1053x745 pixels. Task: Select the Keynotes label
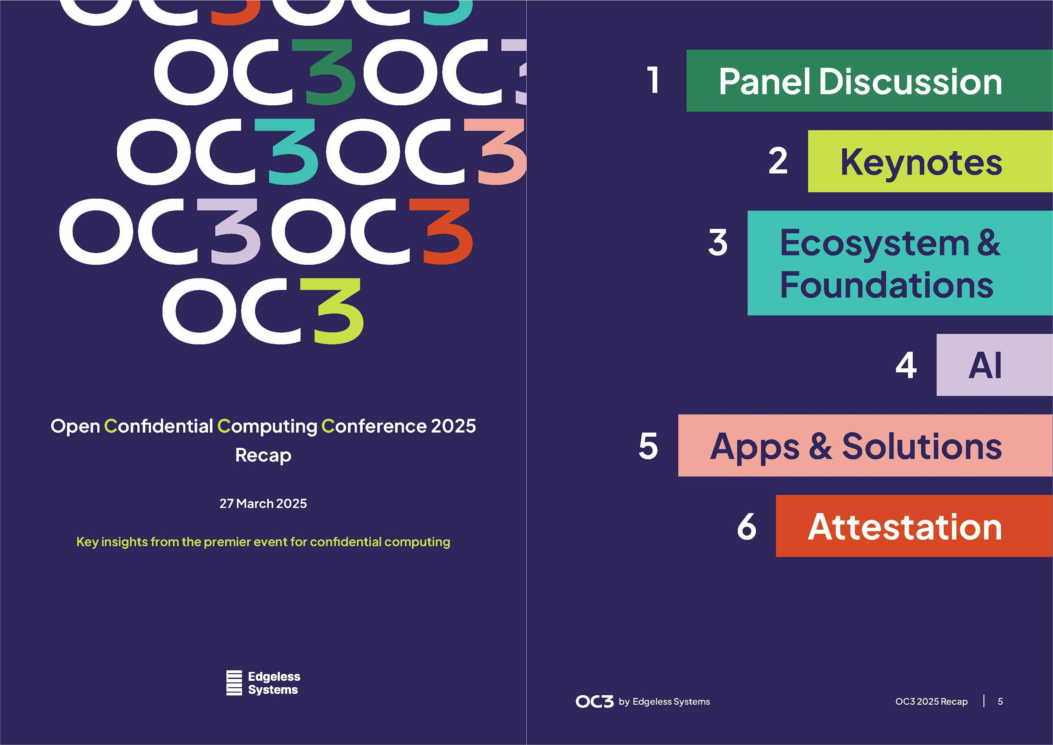[921, 162]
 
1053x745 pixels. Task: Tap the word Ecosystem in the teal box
[874, 243]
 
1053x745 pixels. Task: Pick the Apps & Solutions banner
[855, 446]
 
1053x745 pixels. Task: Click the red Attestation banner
[904, 527]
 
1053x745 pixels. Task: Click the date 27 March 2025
[263, 504]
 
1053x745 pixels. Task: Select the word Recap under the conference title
[263, 455]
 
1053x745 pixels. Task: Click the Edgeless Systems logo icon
[234, 683]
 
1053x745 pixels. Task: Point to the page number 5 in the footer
[1000, 701]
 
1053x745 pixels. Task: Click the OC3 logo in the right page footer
[595, 701]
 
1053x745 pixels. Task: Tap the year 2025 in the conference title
[453, 426]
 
